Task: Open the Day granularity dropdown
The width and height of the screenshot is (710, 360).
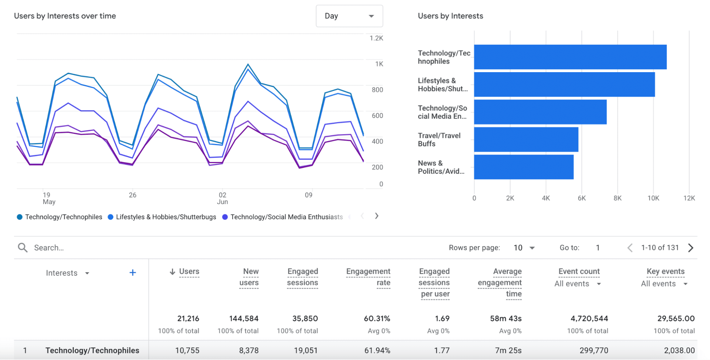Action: coord(349,16)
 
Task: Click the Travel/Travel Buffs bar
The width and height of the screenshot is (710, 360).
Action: coord(526,140)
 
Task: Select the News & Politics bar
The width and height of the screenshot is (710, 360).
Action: coord(524,167)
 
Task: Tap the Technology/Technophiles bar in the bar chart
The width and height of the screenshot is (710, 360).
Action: coord(570,57)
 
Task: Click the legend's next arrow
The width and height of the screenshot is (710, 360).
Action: coord(376,216)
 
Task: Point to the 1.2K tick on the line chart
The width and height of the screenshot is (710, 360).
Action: coord(376,38)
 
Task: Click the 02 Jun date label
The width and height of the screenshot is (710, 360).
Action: coord(222,198)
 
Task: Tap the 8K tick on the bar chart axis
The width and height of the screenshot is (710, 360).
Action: coord(617,198)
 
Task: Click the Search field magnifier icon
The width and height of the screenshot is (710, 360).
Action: coord(23,248)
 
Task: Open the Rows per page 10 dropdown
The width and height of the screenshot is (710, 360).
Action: coord(524,248)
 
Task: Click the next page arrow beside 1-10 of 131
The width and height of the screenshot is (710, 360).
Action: coord(690,248)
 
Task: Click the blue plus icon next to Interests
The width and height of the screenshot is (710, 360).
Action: coord(132,273)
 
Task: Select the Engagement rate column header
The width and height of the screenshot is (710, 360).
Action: coord(368,277)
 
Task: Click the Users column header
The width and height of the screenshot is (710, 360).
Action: coord(189,272)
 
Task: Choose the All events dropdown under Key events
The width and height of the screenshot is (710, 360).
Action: coord(664,284)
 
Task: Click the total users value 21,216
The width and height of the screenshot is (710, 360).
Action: coord(188,318)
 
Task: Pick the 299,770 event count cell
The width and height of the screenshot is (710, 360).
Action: coord(594,350)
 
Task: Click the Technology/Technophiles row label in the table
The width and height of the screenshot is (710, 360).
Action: coord(92,350)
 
